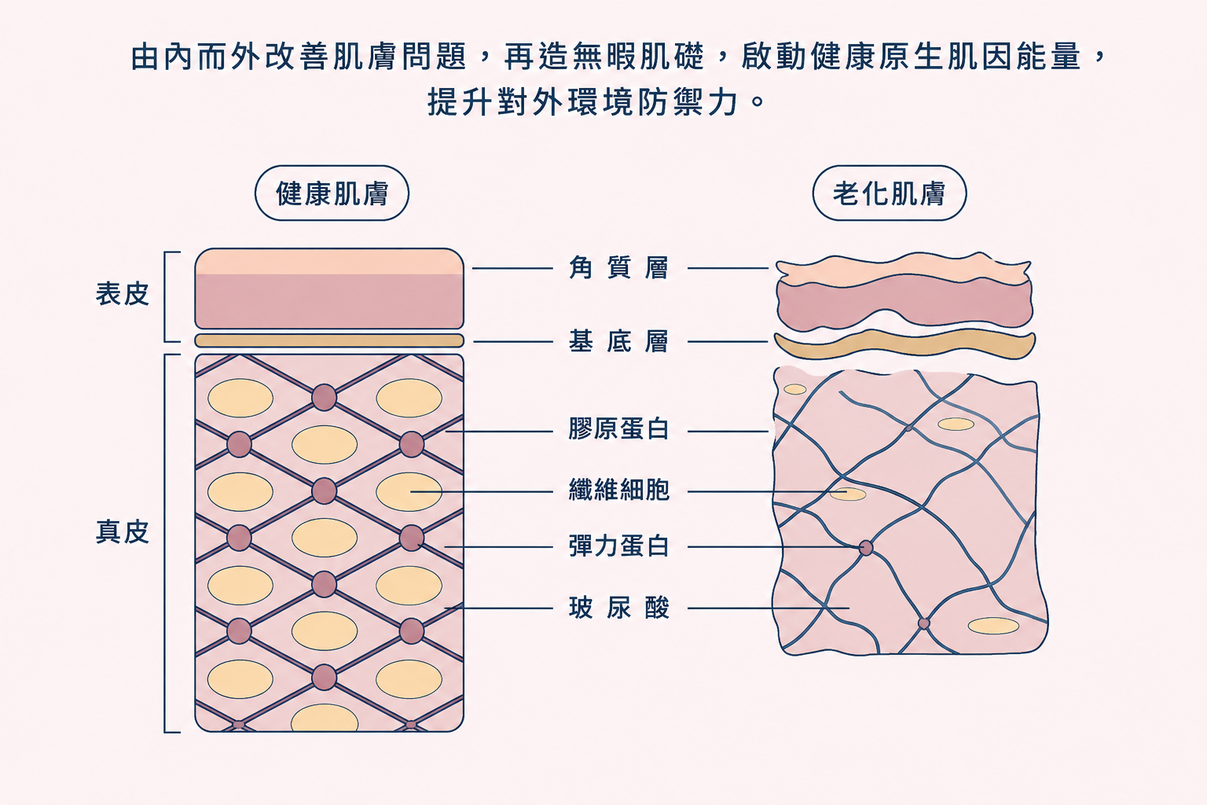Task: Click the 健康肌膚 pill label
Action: point(332,193)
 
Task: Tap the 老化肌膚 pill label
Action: point(889,193)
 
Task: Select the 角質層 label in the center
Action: point(618,268)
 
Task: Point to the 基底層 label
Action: point(618,341)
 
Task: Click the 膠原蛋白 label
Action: point(618,429)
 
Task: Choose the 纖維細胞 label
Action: point(618,490)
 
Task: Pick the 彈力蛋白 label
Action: point(618,546)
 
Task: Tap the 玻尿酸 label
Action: point(618,608)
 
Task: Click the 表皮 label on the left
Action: point(123,294)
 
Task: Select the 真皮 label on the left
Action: point(123,532)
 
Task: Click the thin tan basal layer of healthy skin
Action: point(329,340)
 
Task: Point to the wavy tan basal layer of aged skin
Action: point(905,344)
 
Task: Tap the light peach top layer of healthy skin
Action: point(329,262)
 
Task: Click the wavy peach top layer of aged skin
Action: point(903,269)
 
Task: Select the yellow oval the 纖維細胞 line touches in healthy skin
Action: point(409,492)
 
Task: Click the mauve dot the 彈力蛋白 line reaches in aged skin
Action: point(865,548)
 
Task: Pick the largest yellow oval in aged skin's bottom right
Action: point(993,626)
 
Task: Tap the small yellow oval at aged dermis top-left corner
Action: point(794,389)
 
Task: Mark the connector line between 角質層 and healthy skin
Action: point(512,268)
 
